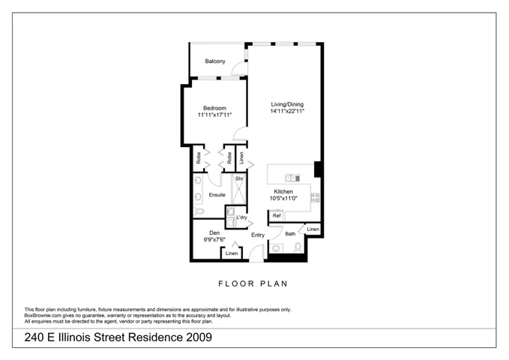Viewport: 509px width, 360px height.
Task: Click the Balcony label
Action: point(215,61)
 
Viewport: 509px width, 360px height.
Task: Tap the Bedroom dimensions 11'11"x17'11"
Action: point(214,115)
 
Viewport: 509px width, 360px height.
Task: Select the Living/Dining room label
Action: point(287,104)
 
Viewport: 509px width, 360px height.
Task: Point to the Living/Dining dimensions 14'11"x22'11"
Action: point(287,111)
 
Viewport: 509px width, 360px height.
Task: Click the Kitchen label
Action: point(283,192)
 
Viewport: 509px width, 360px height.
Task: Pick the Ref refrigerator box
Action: point(277,216)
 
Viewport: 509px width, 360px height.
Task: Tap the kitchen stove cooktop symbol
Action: point(315,197)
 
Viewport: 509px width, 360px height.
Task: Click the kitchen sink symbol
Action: point(292,178)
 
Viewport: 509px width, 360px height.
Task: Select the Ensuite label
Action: point(217,195)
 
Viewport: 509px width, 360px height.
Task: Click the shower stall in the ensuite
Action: point(238,190)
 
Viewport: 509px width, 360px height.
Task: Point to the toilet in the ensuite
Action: point(199,211)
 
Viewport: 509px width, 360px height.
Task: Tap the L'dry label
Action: point(241,217)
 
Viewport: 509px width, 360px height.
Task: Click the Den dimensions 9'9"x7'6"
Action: point(214,240)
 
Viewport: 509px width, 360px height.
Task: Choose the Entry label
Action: point(258,235)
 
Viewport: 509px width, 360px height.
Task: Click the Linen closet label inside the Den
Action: point(232,253)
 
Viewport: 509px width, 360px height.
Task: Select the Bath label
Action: point(290,233)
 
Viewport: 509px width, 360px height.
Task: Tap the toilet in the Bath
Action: point(298,248)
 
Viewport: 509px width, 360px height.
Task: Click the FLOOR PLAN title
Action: point(253,284)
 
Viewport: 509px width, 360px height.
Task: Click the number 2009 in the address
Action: point(199,337)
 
